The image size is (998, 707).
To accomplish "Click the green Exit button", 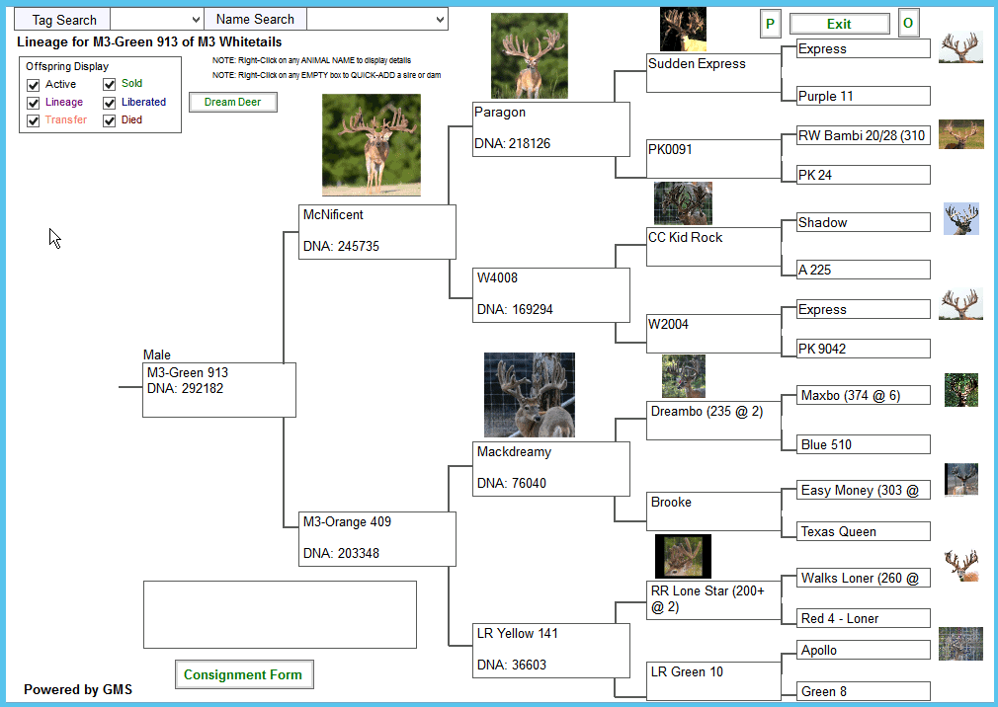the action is tap(839, 24).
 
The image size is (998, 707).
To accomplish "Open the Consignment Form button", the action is tap(244, 674).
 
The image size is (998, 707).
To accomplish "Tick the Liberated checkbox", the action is tap(110, 103).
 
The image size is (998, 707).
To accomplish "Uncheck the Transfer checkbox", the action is tap(33, 120).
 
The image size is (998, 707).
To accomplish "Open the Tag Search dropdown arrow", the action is tap(196, 19).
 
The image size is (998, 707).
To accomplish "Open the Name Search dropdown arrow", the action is tap(440, 19).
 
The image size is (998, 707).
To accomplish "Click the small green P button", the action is tap(770, 24).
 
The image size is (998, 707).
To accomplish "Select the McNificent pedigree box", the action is tap(377, 231).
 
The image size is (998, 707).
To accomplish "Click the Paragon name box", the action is tap(551, 129).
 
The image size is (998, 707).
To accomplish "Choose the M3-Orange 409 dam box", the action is tap(377, 538).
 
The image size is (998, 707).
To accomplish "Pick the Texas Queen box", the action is tap(863, 531).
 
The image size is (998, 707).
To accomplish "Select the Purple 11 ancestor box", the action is tap(863, 96).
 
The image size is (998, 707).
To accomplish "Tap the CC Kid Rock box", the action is tap(714, 247).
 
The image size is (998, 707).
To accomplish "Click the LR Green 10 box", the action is tap(714, 680).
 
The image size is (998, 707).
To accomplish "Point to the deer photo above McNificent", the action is tap(372, 145).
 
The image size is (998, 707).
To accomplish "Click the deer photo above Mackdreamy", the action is tap(530, 395).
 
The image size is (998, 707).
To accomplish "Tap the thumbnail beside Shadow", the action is tap(961, 218).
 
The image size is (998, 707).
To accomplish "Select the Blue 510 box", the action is tap(863, 443).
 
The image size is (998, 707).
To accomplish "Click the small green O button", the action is tap(908, 24).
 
